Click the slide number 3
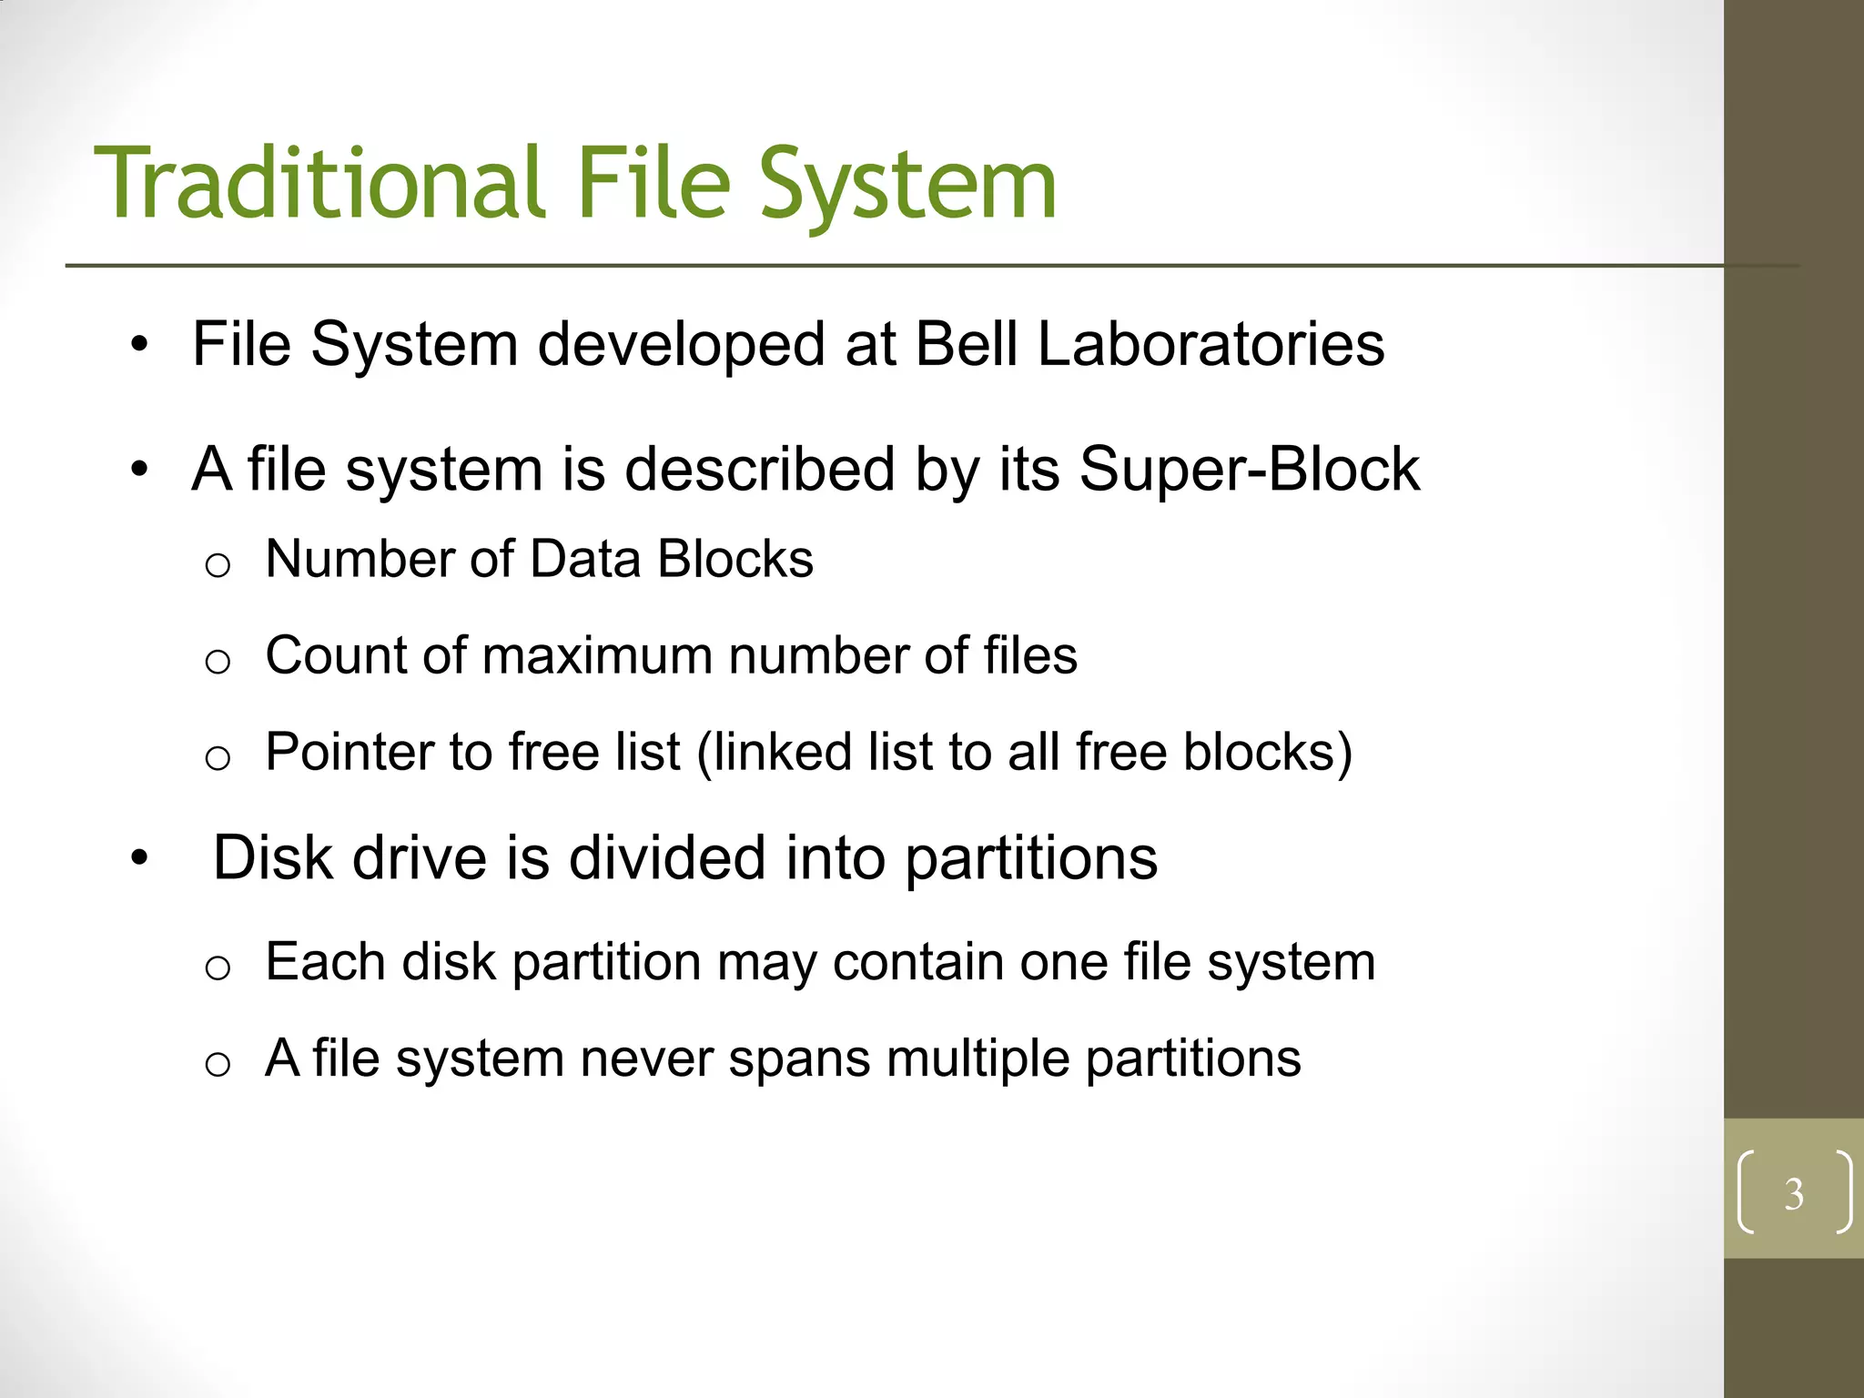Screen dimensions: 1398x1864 pyautogui.click(x=1793, y=1194)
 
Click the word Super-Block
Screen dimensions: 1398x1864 pyautogui.click(x=1249, y=470)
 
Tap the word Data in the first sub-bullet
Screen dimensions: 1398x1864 pyautogui.click(x=585, y=559)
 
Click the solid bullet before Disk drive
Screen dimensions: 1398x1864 pyautogui.click(x=138, y=857)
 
